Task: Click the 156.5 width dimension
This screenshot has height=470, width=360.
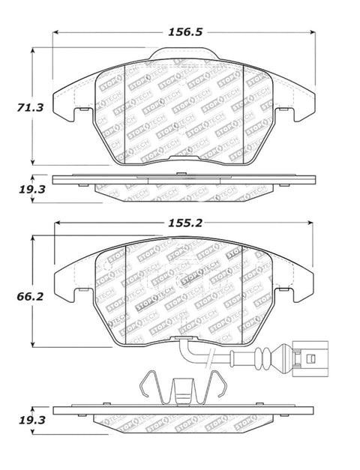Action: pos(185,31)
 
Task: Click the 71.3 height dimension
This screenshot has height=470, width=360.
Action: pos(30,107)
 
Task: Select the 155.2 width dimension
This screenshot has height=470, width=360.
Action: pos(185,223)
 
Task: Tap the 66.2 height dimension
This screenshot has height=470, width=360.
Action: pos(30,297)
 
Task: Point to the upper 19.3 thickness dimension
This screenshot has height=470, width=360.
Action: pos(32,190)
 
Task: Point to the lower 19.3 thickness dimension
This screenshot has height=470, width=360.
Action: pos(32,421)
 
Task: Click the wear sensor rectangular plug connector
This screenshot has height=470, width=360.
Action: pos(310,358)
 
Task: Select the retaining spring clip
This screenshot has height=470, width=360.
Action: pos(183,388)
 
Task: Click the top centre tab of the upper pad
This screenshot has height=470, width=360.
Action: pos(184,53)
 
